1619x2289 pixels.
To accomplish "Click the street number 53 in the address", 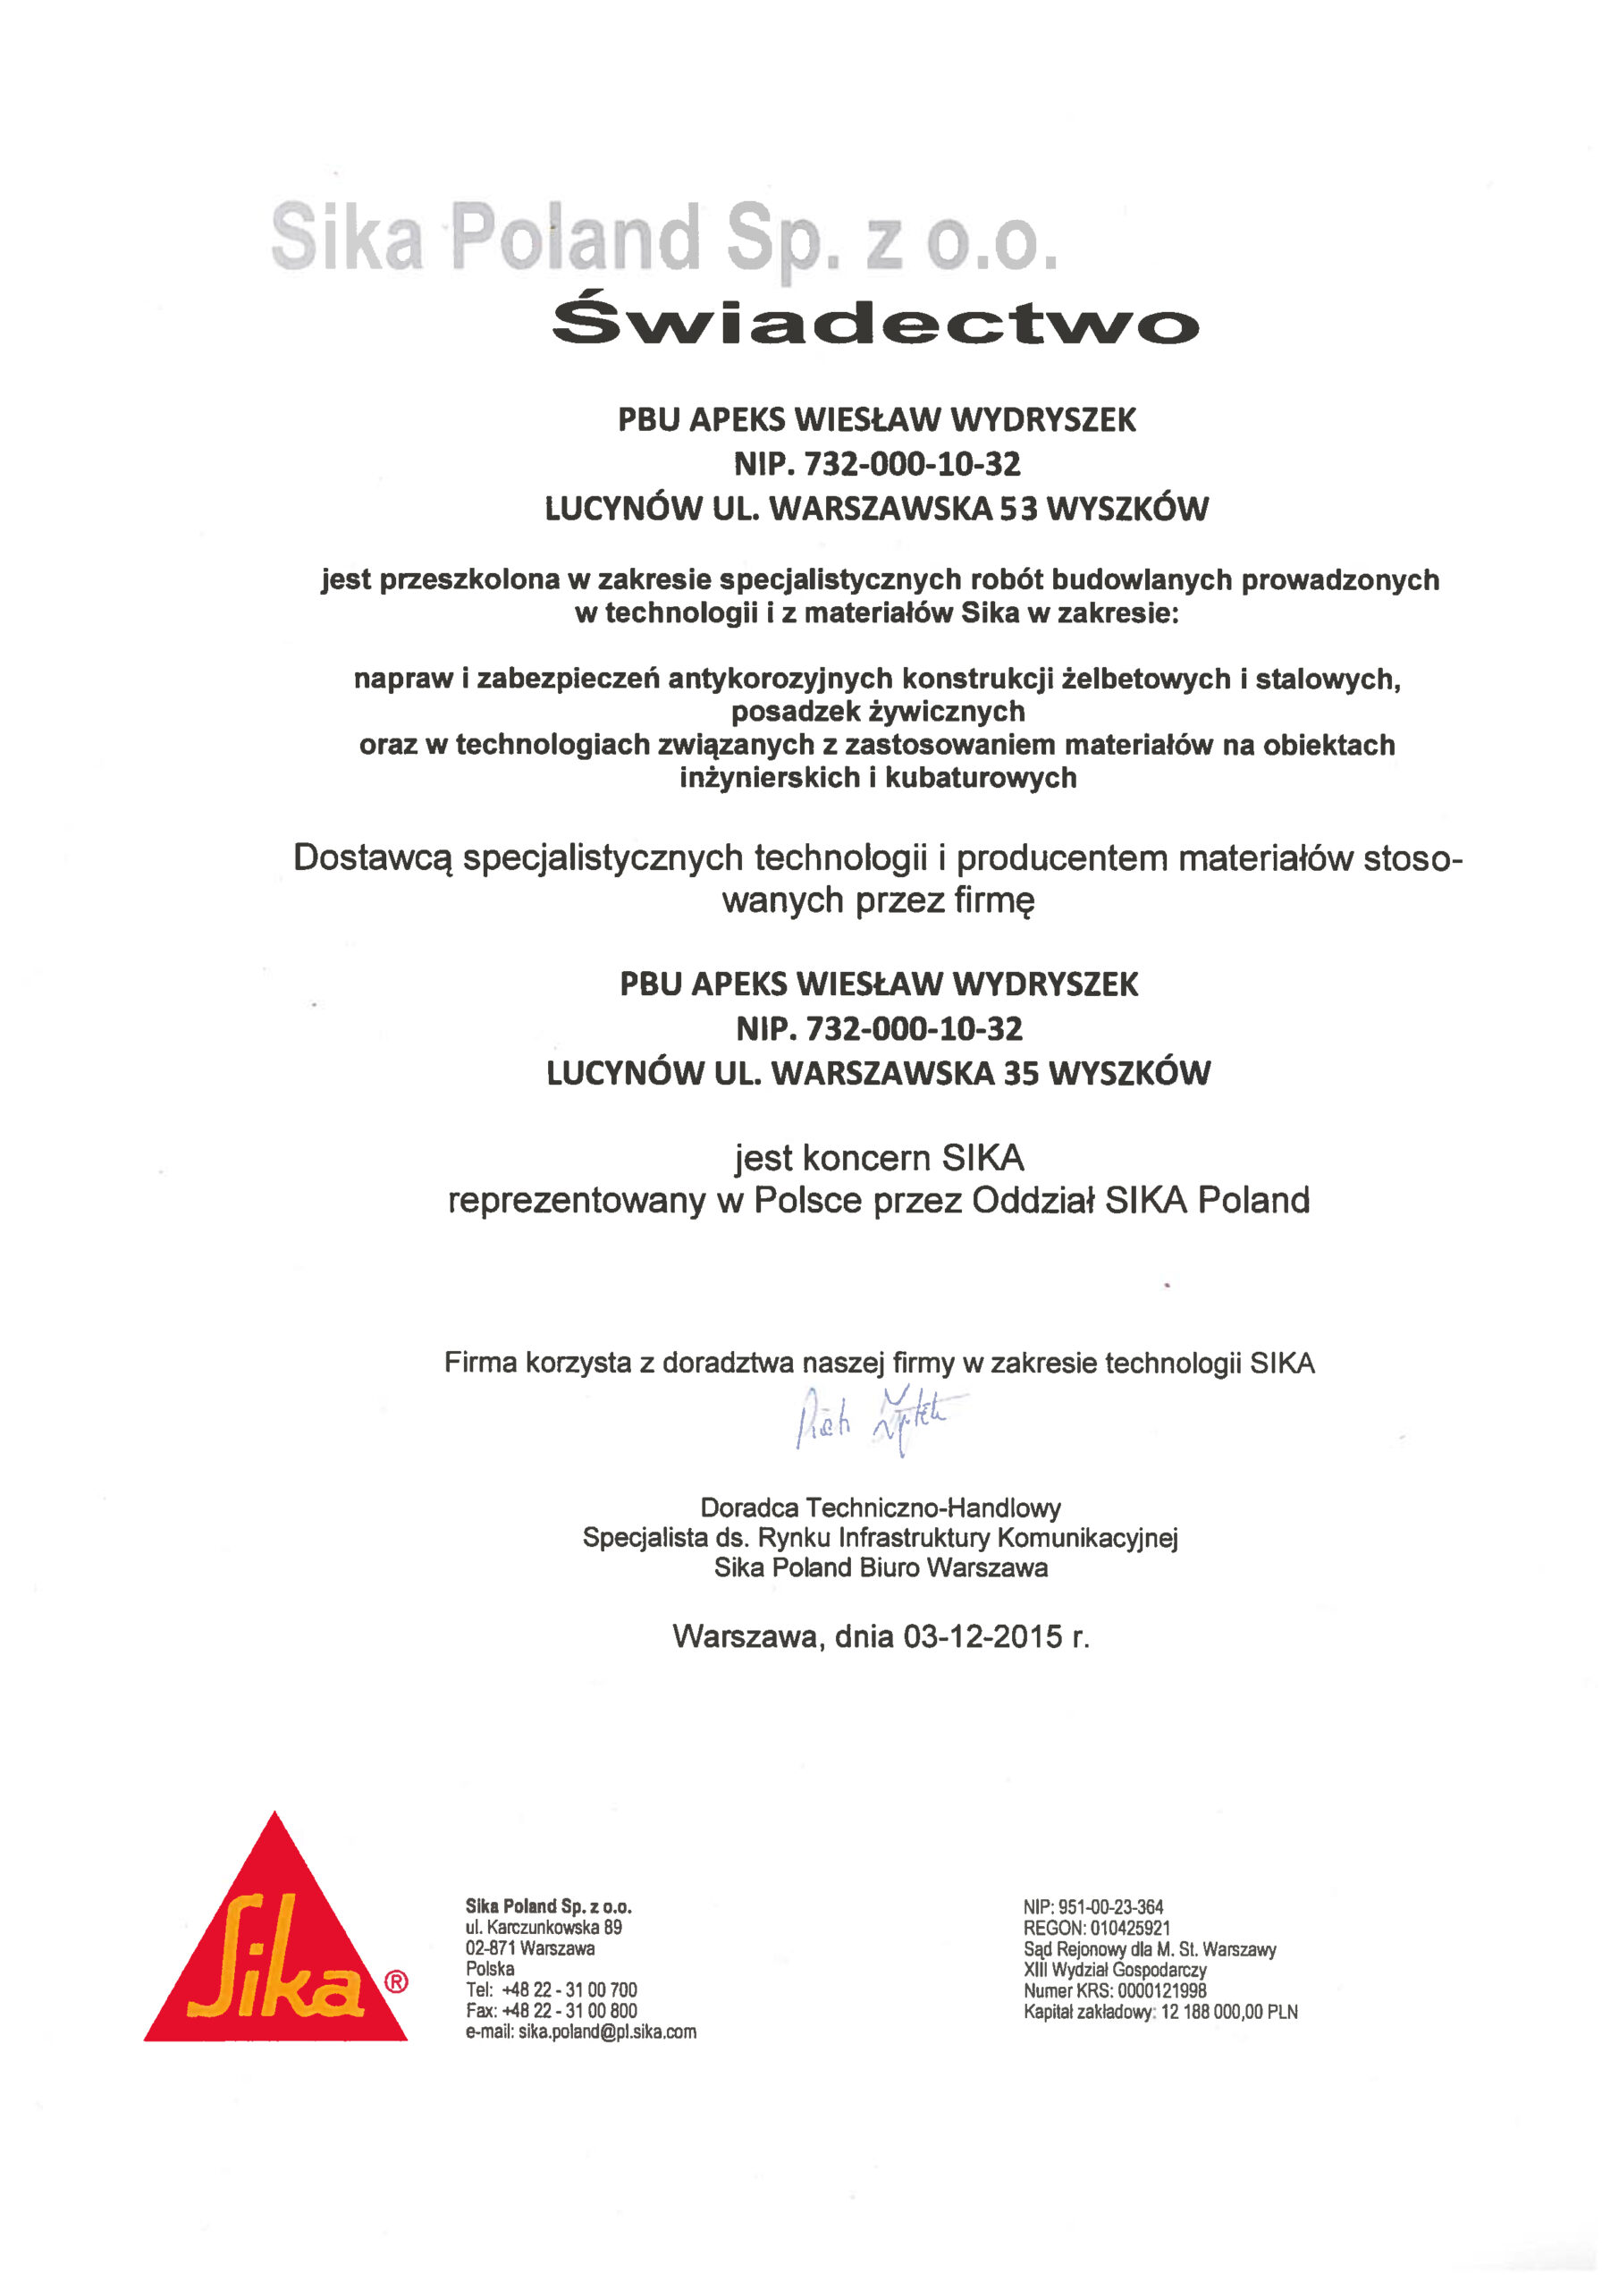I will [1020, 510].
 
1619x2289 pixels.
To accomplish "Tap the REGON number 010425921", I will [1129, 1928].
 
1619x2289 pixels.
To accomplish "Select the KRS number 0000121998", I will [1160, 1991].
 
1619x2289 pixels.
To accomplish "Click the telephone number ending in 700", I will [569, 1990].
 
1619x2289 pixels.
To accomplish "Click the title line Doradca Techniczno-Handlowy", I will [881, 1508].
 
